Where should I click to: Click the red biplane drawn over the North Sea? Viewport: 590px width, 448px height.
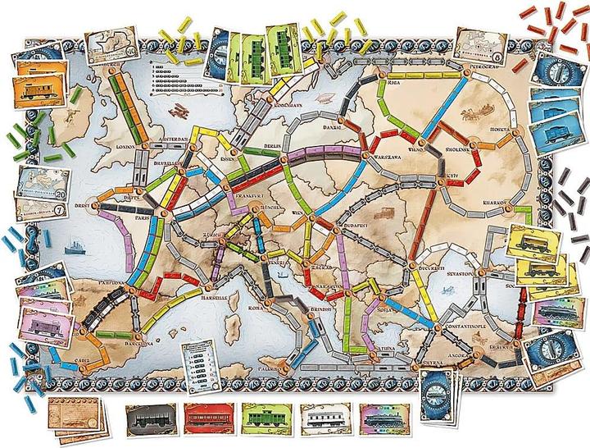click(x=175, y=109)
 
